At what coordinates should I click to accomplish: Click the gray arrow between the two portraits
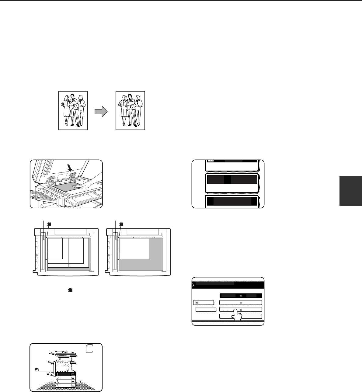point(101,112)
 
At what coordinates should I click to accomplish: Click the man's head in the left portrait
point(73,96)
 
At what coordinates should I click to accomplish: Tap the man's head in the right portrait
point(130,96)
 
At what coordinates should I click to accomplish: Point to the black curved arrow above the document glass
point(70,168)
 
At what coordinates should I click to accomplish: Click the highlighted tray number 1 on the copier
point(66,374)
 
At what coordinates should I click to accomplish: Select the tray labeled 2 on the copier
point(66,378)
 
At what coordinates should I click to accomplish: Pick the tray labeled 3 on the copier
point(66,382)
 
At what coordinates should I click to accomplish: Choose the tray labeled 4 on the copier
point(66,385)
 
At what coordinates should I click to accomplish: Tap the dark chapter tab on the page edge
point(351,191)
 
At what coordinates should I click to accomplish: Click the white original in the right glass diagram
point(134,248)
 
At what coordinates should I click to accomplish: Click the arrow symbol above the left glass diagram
point(49,224)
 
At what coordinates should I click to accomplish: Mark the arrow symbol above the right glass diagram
point(121,224)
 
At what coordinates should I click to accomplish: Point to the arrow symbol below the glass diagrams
point(70,290)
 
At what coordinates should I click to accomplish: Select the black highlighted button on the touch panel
point(241,296)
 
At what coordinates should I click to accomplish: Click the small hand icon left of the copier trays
point(37,369)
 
